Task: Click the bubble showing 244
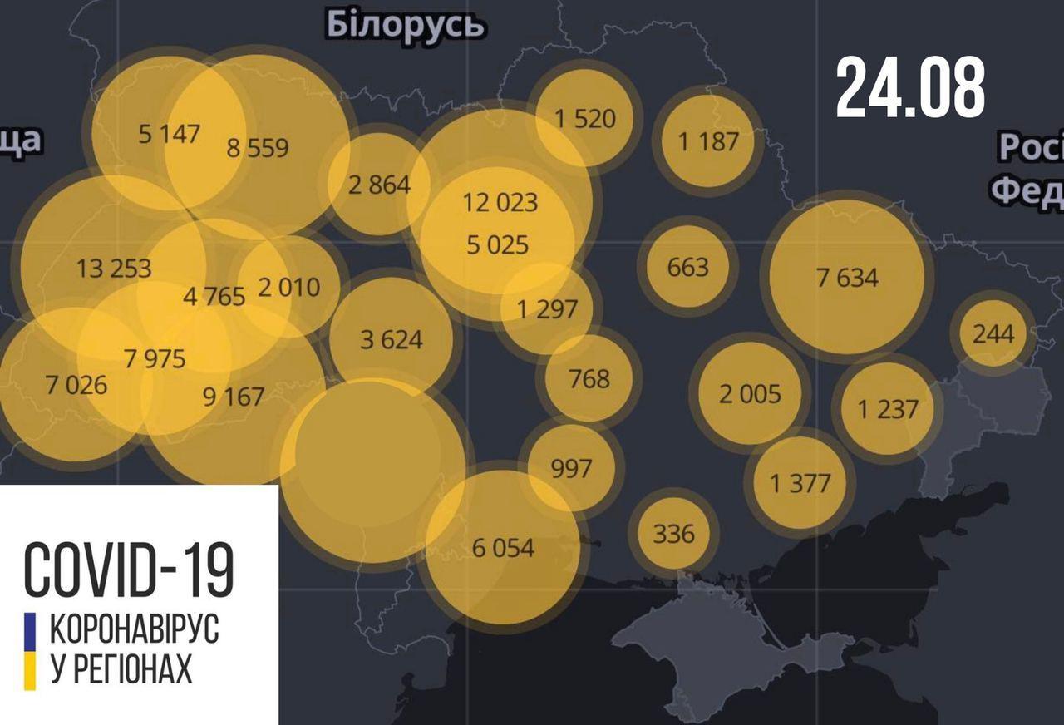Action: pos(993,333)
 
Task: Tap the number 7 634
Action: pos(847,277)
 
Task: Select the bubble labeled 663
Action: pos(687,267)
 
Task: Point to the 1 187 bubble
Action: pos(707,141)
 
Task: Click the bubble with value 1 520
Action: pos(585,118)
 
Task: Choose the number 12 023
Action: pos(500,202)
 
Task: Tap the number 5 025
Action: pos(498,245)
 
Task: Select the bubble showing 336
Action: pos(673,532)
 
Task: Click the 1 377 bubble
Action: pos(800,483)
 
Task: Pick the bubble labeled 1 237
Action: pos(888,409)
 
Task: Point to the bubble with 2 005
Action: pos(750,393)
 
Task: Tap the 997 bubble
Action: pos(571,468)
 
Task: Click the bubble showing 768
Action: pos(589,379)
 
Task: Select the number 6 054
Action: pos(503,548)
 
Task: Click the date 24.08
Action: pos(910,87)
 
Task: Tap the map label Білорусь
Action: pos(405,25)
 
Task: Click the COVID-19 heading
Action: pos(129,570)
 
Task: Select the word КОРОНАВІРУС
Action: pos(135,629)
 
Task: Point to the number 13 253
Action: pos(114,268)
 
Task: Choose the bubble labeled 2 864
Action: pos(379,184)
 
